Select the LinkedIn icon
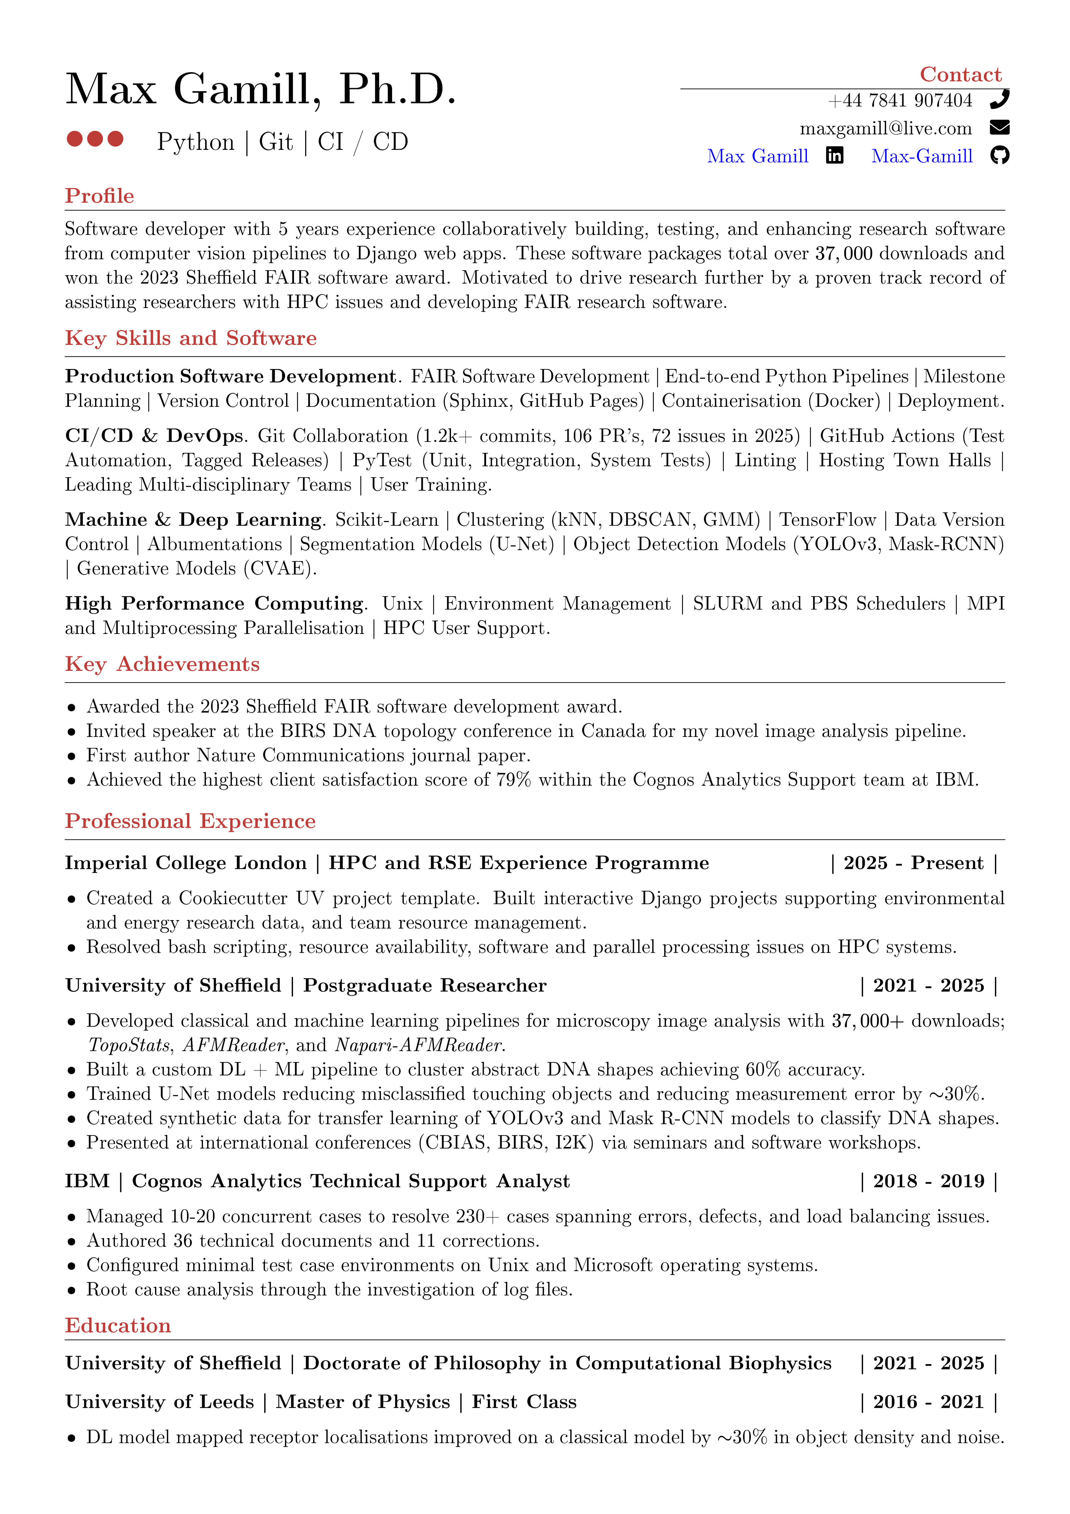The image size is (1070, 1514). click(835, 156)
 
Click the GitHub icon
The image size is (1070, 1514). click(999, 156)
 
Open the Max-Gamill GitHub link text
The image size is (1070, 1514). click(922, 156)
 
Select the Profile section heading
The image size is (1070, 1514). click(100, 196)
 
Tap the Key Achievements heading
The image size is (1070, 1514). click(162, 664)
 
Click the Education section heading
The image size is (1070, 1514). click(118, 1325)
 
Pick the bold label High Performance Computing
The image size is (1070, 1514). click(214, 603)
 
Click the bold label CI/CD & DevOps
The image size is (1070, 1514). click(154, 436)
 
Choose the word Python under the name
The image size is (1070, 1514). click(196, 142)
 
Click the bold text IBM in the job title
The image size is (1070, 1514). click(87, 1181)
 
